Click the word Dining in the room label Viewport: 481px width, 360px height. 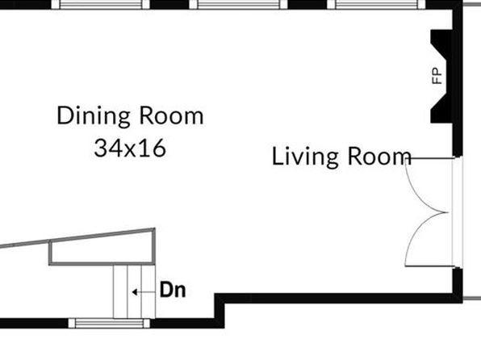[x=94, y=116]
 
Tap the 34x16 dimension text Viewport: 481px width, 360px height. [x=130, y=148]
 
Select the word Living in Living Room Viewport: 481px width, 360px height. [x=306, y=157]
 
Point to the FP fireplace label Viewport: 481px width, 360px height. [x=437, y=76]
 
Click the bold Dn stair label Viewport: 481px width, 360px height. [x=173, y=290]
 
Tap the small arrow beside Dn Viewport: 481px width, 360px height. [x=134, y=292]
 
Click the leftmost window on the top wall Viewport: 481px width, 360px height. [x=100, y=5]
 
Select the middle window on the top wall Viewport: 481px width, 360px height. [x=238, y=5]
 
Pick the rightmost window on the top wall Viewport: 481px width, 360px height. [x=376, y=5]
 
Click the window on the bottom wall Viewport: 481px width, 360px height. [x=109, y=323]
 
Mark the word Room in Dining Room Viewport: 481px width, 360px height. [x=171, y=116]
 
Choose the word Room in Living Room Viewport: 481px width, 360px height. [x=379, y=157]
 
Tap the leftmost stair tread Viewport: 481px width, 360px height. [x=120, y=291]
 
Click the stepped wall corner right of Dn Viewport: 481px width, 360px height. [x=220, y=299]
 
